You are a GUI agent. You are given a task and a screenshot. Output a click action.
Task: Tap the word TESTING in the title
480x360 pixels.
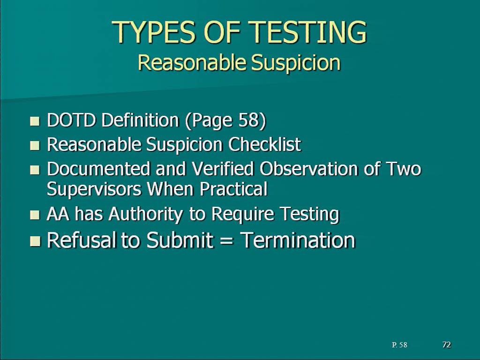coord(307,32)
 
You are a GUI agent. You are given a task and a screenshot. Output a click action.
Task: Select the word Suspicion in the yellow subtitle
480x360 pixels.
coord(296,63)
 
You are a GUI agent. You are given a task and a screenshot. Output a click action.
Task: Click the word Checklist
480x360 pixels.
coord(265,144)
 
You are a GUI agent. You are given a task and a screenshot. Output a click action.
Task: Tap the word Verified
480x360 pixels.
coord(223,169)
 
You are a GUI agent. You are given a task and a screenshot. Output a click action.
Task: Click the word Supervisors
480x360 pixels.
coord(94,189)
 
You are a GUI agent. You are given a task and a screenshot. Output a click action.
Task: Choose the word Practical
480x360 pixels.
coord(233,189)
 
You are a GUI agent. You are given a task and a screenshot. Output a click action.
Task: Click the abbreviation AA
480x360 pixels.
coord(58,214)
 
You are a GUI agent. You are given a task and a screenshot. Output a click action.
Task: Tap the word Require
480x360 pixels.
coord(243,214)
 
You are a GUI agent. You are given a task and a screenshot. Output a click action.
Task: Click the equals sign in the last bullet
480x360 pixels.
coord(226,240)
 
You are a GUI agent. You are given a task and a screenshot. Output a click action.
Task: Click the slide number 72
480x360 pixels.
coord(447,345)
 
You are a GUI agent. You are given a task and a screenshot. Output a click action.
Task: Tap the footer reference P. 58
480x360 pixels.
coord(399,345)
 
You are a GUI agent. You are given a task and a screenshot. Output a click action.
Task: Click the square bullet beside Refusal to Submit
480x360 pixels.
coord(35,241)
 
